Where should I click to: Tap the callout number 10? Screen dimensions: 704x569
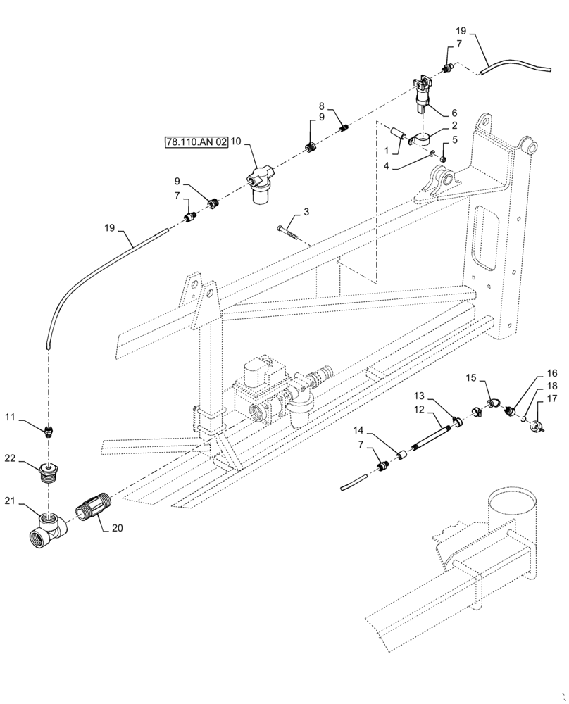(236, 142)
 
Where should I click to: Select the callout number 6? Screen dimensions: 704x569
(454, 113)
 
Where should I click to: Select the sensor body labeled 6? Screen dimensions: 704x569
(423, 95)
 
